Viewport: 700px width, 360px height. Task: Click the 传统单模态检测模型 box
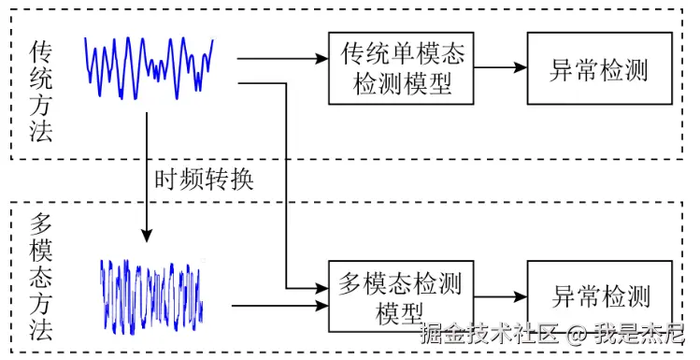tap(403, 67)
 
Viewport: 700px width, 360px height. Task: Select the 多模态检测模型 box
tap(403, 295)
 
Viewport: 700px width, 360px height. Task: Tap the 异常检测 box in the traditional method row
tap(598, 67)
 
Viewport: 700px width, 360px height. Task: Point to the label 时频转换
tap(203, 179)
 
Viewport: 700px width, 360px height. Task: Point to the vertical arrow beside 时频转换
tap(147, 178)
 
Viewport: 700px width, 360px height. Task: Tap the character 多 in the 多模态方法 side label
tap(40, 224)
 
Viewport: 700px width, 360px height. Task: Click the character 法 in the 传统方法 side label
tap(40, 130)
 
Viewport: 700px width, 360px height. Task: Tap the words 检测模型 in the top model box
tap(403, 84)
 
